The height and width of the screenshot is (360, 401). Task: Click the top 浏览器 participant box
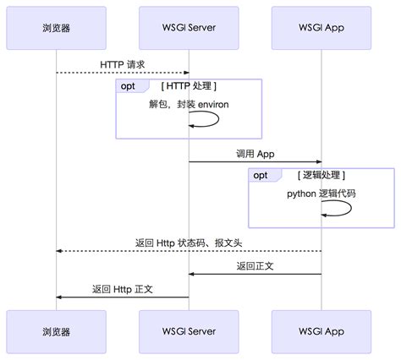pyautogui.click(x=56, y=27)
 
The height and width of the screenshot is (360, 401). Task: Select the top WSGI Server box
pyautogui.click(x=189, y=27)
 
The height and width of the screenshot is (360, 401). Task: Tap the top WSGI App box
pyautogui.click(x=321, y=27)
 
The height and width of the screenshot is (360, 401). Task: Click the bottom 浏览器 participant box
pyautogui.click(x=56, y=331)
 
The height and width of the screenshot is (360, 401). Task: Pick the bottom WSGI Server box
pyautogui.click(x=189, y=331)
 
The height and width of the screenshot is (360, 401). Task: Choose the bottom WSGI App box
pyautogui.click(x=321, y=331)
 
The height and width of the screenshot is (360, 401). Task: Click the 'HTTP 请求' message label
pyautogui.click(x=122, y=64)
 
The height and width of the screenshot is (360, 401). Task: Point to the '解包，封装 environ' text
pyautogui.click(x=189, y=104)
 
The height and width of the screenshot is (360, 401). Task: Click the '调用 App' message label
pyautogui.click(x=255, y=154)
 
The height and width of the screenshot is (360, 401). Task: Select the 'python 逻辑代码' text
pyautogui.click(x=321, y=194)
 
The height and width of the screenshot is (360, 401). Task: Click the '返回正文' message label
pyautogui.click(x=255, y=266)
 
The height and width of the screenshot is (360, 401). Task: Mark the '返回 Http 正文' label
pyautogui.click(x=122, y=289)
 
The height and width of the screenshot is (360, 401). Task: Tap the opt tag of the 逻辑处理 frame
pyautogui.click(x=261, y=175)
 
